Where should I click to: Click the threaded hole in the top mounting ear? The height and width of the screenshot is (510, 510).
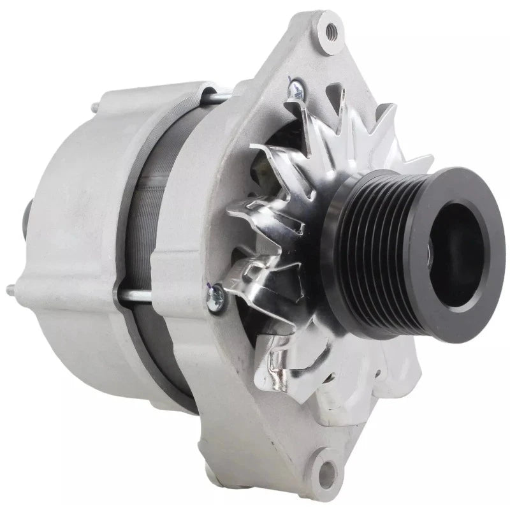330,29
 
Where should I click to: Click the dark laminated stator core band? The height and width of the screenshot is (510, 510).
143,242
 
